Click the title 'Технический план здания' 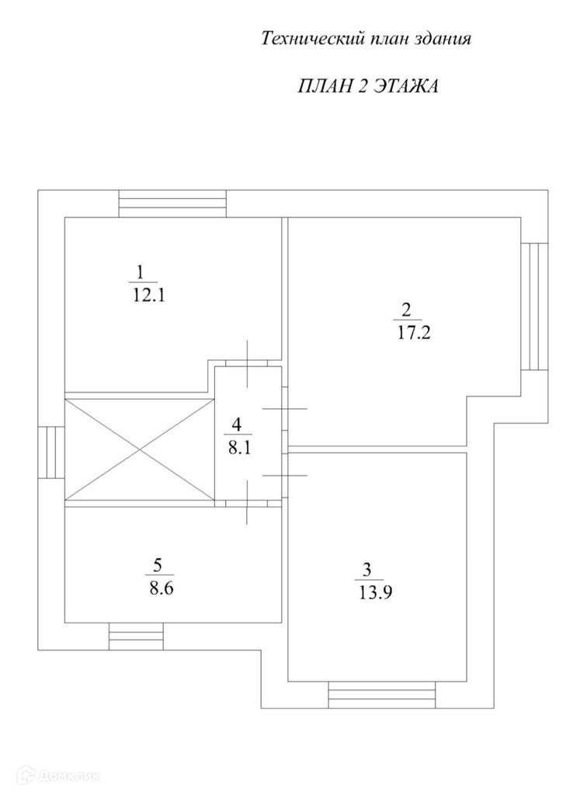(366, 39)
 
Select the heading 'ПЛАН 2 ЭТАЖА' (368, 86)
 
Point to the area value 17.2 (407, 336)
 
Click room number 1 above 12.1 (140, 273)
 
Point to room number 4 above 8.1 (238, 424)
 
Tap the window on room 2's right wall (534, 306)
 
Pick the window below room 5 (135, 636)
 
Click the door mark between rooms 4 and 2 (285, 408)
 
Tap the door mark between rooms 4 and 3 (285, 474)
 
